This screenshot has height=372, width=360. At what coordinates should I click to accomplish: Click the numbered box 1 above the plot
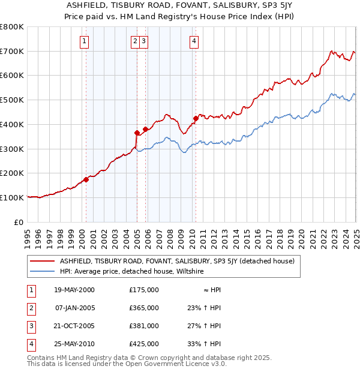click(84, 41)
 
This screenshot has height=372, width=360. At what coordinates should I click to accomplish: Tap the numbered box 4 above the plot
click(194, 41)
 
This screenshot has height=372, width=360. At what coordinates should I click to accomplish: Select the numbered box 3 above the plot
click(145, 41)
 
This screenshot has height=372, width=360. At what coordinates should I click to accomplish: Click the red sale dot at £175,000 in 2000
click(86, 179)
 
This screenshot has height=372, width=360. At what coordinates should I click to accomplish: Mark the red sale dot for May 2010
click(196, 118)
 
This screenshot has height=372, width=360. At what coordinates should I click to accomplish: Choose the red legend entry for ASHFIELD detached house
click(176, 261)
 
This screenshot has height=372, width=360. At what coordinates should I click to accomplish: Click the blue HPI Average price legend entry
click(131, 271)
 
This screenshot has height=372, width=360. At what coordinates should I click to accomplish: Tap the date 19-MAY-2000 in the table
click(74, 290)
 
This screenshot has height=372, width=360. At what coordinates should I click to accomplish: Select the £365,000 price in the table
click(144, 308)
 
